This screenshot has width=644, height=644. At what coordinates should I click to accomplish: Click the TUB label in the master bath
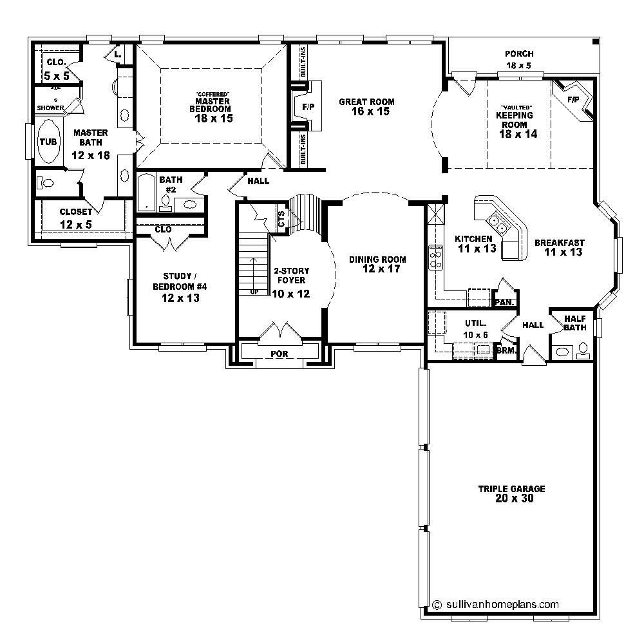click(x=48, y=142)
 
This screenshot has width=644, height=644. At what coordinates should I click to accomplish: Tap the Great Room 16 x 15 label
click(x=366, y=107)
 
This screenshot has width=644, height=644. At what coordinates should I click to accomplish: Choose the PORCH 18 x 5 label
click(x=519, y=60)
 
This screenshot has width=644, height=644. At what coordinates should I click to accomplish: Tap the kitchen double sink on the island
click(x=498, y=223)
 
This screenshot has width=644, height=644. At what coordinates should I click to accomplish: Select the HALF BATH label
click(x=574, y=323)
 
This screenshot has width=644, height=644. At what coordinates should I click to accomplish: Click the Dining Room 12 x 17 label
click(x=378, y=264)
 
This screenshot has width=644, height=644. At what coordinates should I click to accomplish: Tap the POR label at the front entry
click(x=279, y=354)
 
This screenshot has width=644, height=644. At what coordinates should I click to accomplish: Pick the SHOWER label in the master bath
click(x=50, y=108)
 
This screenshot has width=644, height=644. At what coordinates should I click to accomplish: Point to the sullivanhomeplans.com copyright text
click(x=495, y=604)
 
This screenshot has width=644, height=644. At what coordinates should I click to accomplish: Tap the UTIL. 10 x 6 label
click(x=475, y=328)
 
